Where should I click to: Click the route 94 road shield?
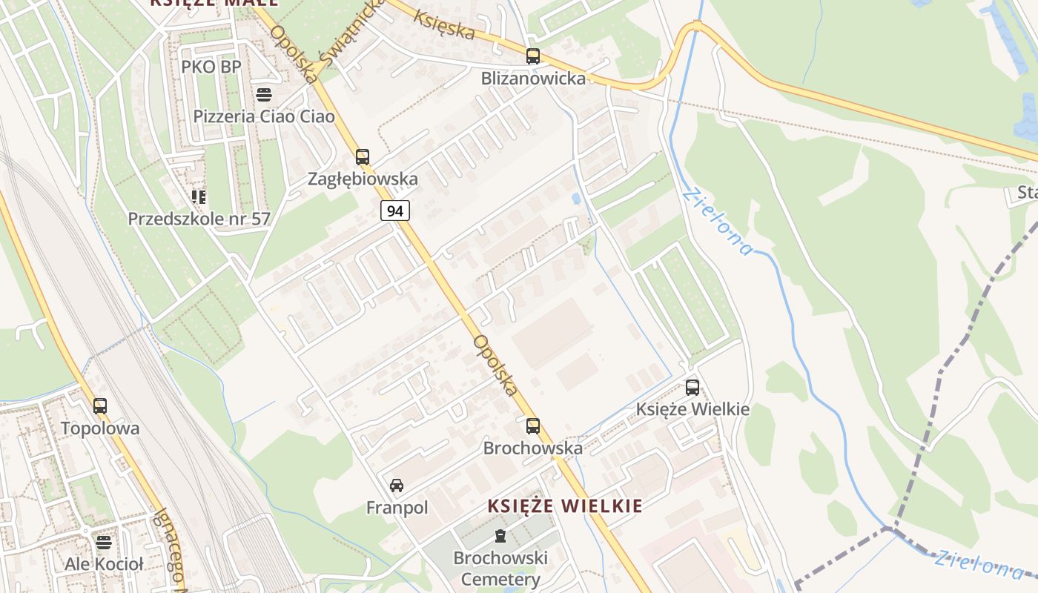pos(395,211)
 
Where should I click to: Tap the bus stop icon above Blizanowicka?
pos(532,56)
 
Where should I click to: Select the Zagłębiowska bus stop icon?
pos(362,156)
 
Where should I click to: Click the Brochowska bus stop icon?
pos(532,425)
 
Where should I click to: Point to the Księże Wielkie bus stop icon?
pos(692,387)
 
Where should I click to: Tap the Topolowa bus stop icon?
pos(99,405)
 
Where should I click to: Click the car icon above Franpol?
pos(397,486)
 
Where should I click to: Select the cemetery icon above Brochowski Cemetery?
pos(500,536)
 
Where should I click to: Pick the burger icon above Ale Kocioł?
pos(103,542)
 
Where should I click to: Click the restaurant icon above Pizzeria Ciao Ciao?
pos(263,94)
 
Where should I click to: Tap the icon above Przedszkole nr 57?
pos(198,196)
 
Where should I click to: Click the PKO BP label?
pos(211,67)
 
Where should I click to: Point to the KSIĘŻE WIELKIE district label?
pos(565,506)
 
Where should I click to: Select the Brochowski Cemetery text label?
pos(500,569)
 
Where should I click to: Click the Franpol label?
pos(397,508)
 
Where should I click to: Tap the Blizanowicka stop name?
pos(533,78)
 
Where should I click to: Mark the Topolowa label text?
pos(100,428)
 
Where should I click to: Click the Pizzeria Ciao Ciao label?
pos(264,116)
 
